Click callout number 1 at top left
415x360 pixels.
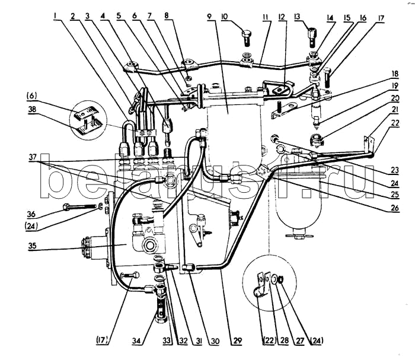(55, 17)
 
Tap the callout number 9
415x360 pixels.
(209, 17)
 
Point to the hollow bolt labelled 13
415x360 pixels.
(312, 37)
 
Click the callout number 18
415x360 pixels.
(395, 74)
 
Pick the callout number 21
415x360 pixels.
(395, 109)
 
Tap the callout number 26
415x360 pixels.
(395, 208)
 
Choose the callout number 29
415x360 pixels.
(237, 340)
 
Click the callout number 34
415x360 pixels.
(136, 340)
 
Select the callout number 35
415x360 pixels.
(32, 246)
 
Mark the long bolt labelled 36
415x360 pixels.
(79, 206)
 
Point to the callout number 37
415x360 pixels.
(33, 157)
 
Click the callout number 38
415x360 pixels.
(32, 109)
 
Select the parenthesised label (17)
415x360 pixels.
(101, 340)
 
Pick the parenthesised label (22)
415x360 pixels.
(269, 340)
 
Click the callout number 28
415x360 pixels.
(284, 340)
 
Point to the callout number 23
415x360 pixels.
(395, 170)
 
